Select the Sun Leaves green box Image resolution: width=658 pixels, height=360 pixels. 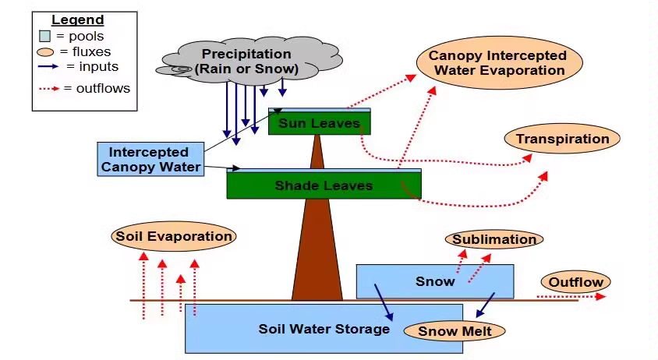point(320,123)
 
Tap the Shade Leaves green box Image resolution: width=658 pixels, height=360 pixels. point(324,185)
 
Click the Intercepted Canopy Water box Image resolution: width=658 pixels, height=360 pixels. point(149,159)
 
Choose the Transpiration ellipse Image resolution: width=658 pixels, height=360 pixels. point(562,139)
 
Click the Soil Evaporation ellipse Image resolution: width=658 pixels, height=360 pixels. point(173,236)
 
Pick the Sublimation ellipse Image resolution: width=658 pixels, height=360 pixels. point(493,239)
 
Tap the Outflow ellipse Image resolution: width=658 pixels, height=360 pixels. point(575,282)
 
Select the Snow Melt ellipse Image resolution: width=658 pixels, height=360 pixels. point(455,331)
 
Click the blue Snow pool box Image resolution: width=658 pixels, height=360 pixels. point(434,281)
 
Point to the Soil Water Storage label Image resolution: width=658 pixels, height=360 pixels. point(324,329)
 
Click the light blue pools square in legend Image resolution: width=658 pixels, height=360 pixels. point(45,36)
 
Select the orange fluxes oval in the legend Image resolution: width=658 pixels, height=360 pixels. point(46,51)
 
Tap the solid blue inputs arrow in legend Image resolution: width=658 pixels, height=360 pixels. point(48,67)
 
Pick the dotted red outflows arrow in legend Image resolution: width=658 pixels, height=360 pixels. point(49,88)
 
